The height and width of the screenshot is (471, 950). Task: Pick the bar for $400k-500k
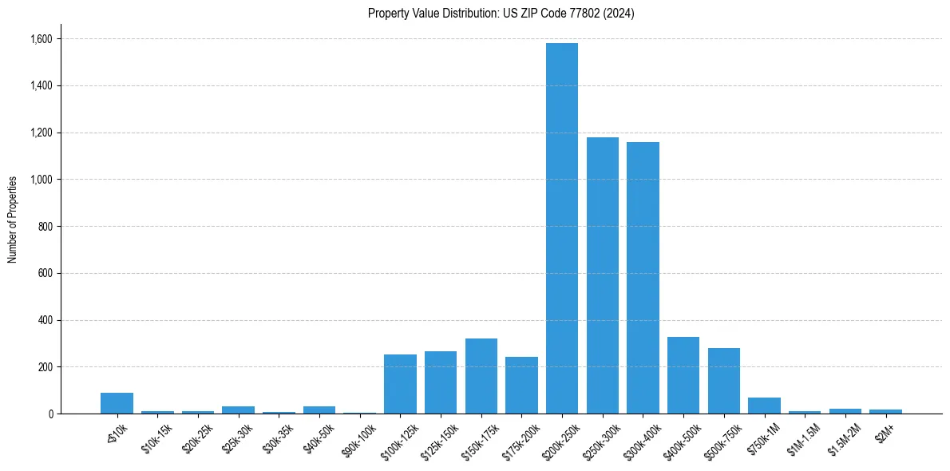point(683,375)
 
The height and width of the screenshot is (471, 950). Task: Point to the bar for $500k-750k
point(723,381)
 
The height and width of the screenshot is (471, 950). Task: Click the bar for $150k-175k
point(481,376)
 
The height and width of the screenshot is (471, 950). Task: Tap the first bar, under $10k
point(117,403)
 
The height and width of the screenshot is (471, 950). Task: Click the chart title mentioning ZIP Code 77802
point(501,14)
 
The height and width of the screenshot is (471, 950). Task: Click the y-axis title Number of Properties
point(13,220)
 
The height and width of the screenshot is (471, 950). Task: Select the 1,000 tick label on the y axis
point(42,180)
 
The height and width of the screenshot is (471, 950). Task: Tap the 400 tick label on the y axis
point(46,320)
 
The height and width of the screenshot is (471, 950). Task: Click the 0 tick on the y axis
point(50,414)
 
